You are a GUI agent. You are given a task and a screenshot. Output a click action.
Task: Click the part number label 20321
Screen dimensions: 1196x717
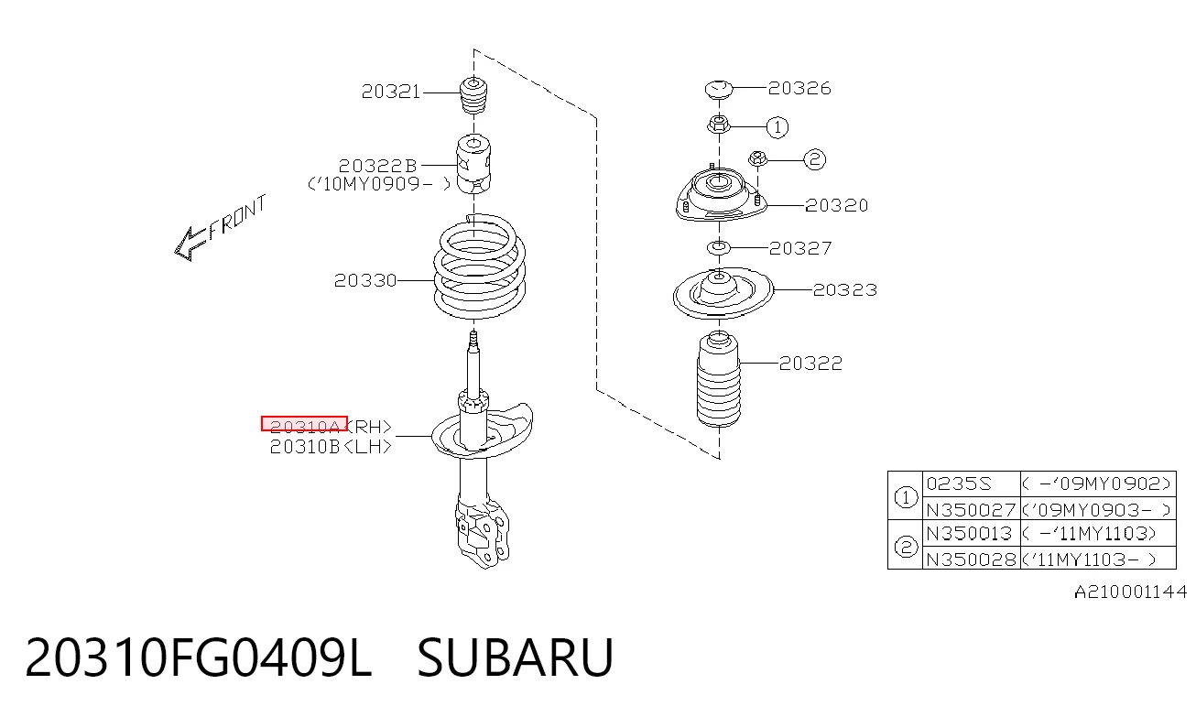click(391, 92)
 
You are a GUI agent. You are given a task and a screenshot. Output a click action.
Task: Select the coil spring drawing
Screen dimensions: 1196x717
click(479, 267)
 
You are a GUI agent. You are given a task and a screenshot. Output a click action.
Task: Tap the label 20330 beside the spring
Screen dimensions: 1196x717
click(365, 280)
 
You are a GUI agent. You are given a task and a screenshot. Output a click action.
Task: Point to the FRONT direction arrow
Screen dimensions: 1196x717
click(220, 227)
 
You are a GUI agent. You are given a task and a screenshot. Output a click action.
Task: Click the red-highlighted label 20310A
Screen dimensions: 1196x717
click(304, 424)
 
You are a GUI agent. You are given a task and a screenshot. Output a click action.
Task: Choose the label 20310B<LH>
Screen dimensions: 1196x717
click(331, 446)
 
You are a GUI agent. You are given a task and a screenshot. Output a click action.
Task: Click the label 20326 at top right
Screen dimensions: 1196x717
click(799, 88)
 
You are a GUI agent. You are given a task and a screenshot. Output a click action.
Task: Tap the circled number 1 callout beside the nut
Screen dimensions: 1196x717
click(777, 127)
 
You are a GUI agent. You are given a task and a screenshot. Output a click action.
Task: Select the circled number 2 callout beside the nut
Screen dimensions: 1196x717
click(814, 159)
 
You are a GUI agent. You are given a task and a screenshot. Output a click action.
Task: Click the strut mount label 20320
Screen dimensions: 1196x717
click(837, 205)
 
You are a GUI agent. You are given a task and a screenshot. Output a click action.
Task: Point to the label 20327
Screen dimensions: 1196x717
click(800, 248)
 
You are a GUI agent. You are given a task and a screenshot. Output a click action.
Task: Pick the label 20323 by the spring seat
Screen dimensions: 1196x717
click(845, 289)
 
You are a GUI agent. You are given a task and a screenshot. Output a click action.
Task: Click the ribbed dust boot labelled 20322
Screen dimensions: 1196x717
click(719, 379)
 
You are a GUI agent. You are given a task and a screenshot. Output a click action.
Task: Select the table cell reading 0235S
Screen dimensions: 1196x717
click(959, 483)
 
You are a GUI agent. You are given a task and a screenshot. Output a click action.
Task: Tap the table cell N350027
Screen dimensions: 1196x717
click(971, 510)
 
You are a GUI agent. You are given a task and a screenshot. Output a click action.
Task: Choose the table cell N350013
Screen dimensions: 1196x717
click(969, 533)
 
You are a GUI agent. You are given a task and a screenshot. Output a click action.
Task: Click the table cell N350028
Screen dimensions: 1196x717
click(971, 559)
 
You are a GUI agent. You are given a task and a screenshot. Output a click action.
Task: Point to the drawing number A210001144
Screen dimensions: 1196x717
click(1130, 592)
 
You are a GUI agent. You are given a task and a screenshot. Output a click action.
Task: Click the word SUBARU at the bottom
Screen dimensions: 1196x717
click(516, 657)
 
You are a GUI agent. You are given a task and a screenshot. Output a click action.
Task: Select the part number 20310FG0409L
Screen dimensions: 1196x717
click(198, 657)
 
